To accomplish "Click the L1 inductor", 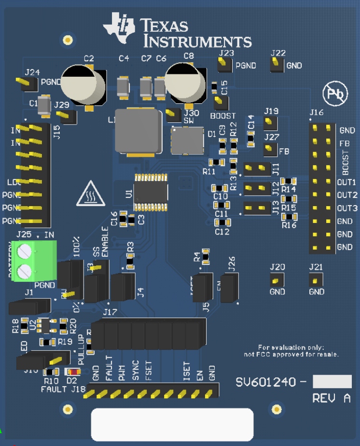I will pyautogui.click(x=138, y=131).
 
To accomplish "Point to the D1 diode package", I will pyautogui.click(x=187, y=140).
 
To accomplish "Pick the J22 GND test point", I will pyautogui.click(x=277, y=65).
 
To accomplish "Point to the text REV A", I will pyautogui.click(x=331, y=399).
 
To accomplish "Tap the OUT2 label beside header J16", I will pyautogui.click(x=346, y=195).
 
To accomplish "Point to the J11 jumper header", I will pyautogui.click(x=257, y=169).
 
